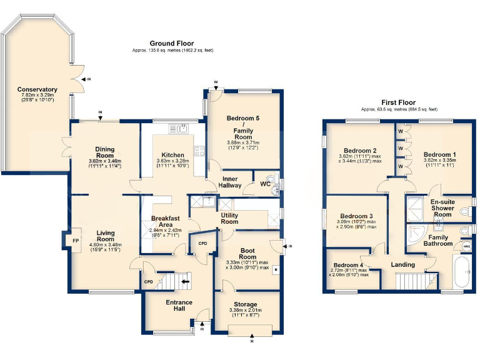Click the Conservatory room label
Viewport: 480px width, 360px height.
(x=37, y=90)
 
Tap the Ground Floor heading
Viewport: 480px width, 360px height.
(x=172, y=43)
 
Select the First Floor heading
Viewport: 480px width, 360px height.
(x=398, y=102)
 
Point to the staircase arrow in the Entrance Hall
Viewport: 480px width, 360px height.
(x=186, y=282)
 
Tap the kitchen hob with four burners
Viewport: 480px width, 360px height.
(x=200, y=151)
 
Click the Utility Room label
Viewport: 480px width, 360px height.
(x=229, y=218)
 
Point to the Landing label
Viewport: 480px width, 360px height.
(x=403, y=265)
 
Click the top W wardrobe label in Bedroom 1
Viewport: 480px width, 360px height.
(x=400, y=132)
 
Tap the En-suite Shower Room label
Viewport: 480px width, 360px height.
(x=434, y=208)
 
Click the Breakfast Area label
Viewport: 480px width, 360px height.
(x=165, y=221)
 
